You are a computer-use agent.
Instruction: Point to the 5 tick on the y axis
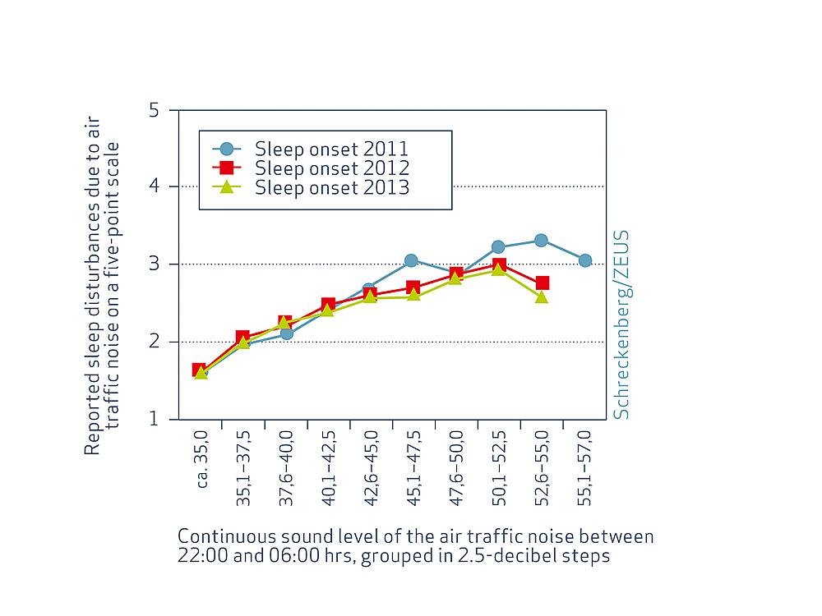(153, 110)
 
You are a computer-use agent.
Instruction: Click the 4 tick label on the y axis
(153, 187)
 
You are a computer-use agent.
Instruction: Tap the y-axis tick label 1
(153, 420)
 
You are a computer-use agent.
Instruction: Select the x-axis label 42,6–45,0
(371, 472)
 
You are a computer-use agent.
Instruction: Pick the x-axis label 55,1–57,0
(584, 472)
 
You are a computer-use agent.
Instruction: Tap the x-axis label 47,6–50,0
(456, 472)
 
